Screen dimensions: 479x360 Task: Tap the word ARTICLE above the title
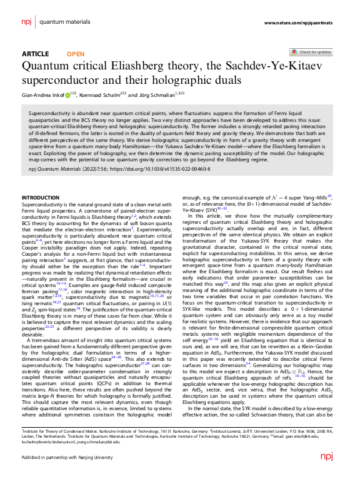tap(35, 54)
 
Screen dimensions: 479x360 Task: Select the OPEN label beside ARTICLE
tap(76, 54)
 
